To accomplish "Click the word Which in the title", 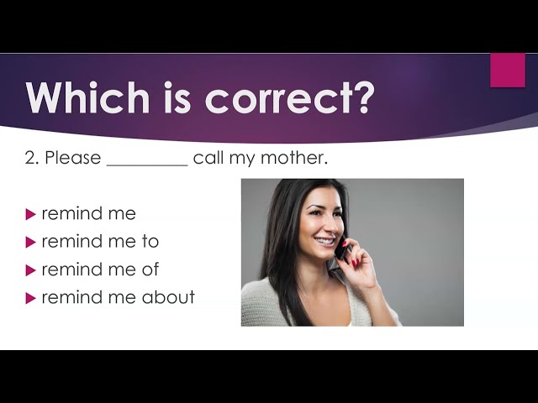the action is click(87, 97).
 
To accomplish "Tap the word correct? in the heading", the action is click(288, 98).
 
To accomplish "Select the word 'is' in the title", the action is click(177, 97).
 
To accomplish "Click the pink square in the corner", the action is click(508, 71).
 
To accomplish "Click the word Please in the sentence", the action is click(73, 158).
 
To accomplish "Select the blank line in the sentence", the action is click(148, 165).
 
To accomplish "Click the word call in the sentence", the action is click(208, 158).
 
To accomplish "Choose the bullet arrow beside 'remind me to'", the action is click(30, 243).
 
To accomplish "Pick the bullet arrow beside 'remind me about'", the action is click(30, 299).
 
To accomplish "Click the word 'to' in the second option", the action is click(150, 241).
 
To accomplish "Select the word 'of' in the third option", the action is click(150, 269).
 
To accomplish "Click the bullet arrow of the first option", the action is click(30, 215).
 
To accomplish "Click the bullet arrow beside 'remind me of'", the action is click(30, 270).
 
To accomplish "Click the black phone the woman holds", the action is click(341, 249).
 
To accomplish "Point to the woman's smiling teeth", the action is click(324, 242).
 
